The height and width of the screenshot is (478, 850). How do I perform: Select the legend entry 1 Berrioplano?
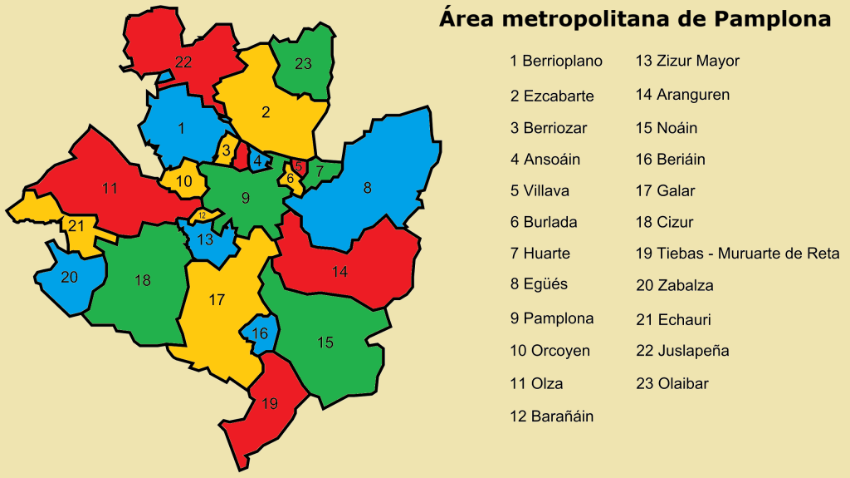point(556,61)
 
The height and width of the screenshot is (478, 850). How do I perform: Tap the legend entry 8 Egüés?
point(539,284)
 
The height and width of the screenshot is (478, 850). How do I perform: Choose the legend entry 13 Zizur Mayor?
point(686,61)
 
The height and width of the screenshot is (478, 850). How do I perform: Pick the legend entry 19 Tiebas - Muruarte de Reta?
point(737,254)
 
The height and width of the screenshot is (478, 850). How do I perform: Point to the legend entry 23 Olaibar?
point(672,383)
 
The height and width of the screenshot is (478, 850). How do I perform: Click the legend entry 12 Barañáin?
point(552,416)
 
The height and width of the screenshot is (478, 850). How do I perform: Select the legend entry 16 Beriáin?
point(670,160)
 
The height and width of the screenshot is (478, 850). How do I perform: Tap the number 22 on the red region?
point(183,62)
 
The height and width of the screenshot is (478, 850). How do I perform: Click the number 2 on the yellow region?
point(266,112)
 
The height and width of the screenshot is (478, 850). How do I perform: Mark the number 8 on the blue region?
point(367,188)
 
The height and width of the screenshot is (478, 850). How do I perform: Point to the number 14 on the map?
point(340,272)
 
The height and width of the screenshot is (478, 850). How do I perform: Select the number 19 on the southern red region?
point(269,404)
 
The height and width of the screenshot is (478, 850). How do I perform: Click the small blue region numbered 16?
point(260,333)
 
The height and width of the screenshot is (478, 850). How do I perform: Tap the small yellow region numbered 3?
point(226,150)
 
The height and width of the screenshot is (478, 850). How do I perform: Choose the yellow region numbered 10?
point(184,181)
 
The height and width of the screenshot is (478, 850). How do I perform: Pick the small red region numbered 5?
point(297,166)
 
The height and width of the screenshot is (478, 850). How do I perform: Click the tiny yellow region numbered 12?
point(202,215)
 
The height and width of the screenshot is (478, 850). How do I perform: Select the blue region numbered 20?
point(70,277)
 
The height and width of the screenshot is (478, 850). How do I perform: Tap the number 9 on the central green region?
point(245,198)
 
